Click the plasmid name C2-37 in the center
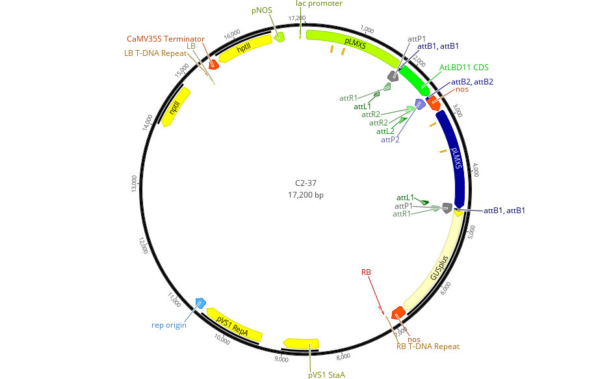[x=305, y=183]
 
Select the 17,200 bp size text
[x=305, y=194]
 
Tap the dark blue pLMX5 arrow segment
[x=454, y=158]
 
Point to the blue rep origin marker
[x=201, y=303]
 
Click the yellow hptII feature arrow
[x=244, y=48]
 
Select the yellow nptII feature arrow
[x=175, y=107]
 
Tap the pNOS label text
[x=262, y=10]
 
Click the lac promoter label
[x=319, y=3]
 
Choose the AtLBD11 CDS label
[x=463, y=68]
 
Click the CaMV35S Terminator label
[x=166, y=39]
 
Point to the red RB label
[x=366, y=272]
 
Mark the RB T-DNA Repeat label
[x=428, y=346]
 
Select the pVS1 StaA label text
[x=326, y=374]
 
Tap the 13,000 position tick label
[x=135, y=184]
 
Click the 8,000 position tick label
[x=343, y=356]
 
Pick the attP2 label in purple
[x=390, y=140]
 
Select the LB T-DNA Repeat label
[x=155, y=53]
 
